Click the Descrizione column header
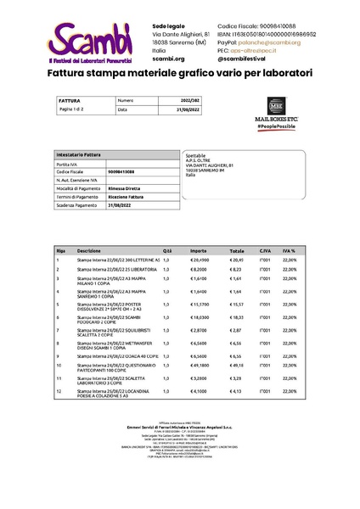pyautogui.click(x=89, y=251)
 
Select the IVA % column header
pyautogui.click(x=289, y=251)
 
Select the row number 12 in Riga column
pyautogui.click(x=59, y=391)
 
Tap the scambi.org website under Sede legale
pyautogui.click(x=168, y=59)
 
